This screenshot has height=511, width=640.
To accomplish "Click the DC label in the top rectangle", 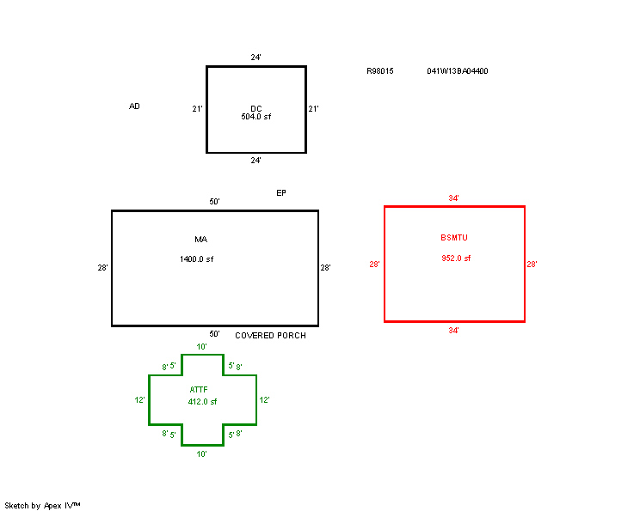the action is pyautogui.click(x=256, y=109).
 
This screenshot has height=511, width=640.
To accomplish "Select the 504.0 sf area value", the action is pyautogui.click(x=256, y=117).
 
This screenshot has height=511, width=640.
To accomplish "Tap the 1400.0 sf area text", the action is pyautogui.click(x=196, y=259).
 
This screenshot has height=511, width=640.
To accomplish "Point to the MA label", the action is pyautogui.click(x=200, y=240).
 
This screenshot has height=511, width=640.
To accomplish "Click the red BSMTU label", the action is pyautogui.click(x=454, y=238).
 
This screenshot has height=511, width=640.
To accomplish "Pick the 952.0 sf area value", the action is pyautogui.click(x=456, y=259).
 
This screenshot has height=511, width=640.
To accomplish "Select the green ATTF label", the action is pyautogui.click(x=199, y=390).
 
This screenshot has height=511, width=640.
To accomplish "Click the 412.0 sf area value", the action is pyautogui.click(x=202, y=402).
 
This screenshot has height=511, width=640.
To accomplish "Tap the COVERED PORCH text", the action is pyautogui.click(x=271, y=335).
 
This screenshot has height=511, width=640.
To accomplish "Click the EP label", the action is pyautogui.click(x=281, y=192).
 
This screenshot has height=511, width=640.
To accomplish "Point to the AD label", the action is pyautogui.click(x=134, y=106).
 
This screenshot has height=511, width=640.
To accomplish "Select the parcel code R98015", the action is pyautogui.click(x=380, y=71).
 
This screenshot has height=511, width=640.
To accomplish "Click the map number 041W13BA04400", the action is pyautogui.click(x=458, y=71).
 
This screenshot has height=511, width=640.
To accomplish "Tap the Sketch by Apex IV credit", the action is pyautogui.click(x=42, y=506).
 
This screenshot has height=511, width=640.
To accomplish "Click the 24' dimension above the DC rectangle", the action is pyautogui.click(x=256, y=58).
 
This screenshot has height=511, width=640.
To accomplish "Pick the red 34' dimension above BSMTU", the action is pyautogui.click(x=453, y=198).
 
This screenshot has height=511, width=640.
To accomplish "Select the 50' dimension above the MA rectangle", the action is pyautogui.click(x=215, y=201).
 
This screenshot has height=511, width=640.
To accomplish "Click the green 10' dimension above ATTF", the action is pyautogui.click(x=201, y=347).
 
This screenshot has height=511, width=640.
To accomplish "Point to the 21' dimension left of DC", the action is pyautogui.click(x=197, y=109).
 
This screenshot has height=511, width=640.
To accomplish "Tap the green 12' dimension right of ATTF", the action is pyautogui.click(x=264, y=399).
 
